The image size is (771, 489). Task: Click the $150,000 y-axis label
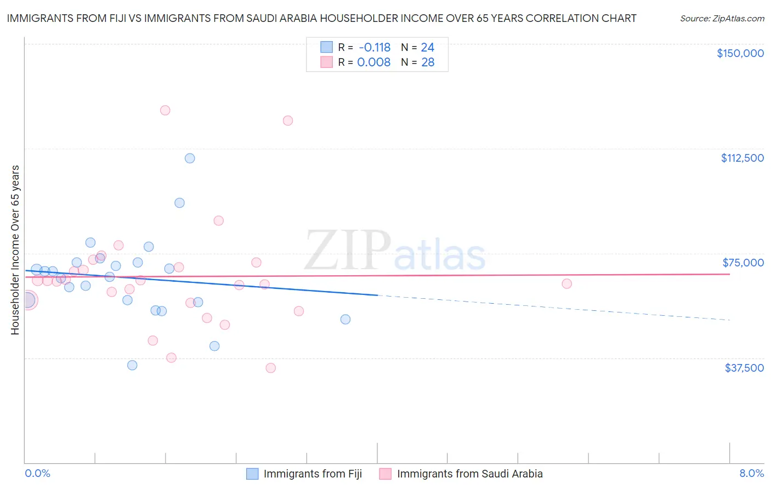click(x=740, y=53)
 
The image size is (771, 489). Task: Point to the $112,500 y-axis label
click(x=742, y=158)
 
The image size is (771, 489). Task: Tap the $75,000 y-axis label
click(x=743, y=263)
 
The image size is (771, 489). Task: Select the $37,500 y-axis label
click(x=744, y=368)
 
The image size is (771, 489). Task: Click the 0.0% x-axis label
click(x=37, y=474)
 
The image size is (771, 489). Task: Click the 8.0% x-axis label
click(x=751, y=474)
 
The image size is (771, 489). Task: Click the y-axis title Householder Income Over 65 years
click(x=15, y=250)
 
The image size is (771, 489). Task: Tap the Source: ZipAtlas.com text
click(x=722, y=19)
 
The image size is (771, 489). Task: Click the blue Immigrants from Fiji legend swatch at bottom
click(x=252, y=474)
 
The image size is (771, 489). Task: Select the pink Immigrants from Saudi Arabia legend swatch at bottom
click(x=385, y=474)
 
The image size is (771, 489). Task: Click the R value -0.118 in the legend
click(x=375, y=48)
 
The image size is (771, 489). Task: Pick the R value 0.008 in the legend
click(x=373, y=62)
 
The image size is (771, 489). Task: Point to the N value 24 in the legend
click(x=427, y=48)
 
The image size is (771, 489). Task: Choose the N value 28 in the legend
click(x=428, y=62)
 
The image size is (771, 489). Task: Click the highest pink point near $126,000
click(x=165, y=110)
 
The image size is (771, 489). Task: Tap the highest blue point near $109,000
click(x=190, y=158)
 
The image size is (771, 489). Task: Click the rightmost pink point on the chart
click(x=566, y=284)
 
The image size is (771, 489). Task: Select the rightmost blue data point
click(x=345, y=320)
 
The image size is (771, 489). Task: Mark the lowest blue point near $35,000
click(x=132, y=365)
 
